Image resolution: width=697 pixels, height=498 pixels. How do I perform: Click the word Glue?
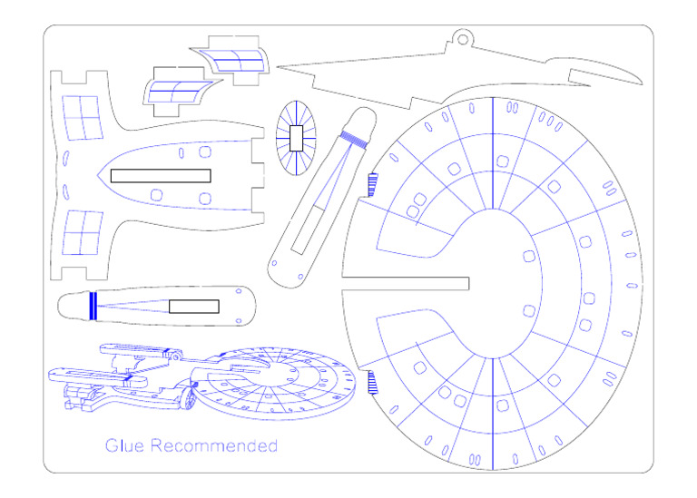[124, 445]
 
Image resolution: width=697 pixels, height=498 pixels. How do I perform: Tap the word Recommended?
[214, 445]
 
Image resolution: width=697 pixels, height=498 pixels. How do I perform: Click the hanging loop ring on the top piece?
[462, 40]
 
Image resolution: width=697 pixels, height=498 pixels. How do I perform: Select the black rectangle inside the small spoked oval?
[296, 138]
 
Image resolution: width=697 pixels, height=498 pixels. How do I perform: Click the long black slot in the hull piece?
[161, 175]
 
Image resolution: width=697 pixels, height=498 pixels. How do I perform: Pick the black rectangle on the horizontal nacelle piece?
[194, 306]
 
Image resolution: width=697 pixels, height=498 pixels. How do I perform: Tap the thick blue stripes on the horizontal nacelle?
[93, 306]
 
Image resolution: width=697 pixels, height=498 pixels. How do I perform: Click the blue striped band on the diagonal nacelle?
[354, 139]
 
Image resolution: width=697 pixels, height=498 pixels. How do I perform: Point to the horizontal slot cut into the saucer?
[406, 283]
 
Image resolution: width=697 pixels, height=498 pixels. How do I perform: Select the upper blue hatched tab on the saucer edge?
[372, 184]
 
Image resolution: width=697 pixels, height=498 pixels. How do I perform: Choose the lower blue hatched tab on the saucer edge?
[372, 383]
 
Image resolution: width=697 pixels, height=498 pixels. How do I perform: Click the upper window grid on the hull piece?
[83, 118]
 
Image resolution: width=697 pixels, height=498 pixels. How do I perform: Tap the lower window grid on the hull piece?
[83, 233]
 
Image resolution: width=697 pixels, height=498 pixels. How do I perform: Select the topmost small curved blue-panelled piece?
[230, 60]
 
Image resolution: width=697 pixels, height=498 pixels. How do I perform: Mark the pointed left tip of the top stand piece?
[278, 67]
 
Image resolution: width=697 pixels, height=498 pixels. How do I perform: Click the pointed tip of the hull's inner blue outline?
[98, 175]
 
